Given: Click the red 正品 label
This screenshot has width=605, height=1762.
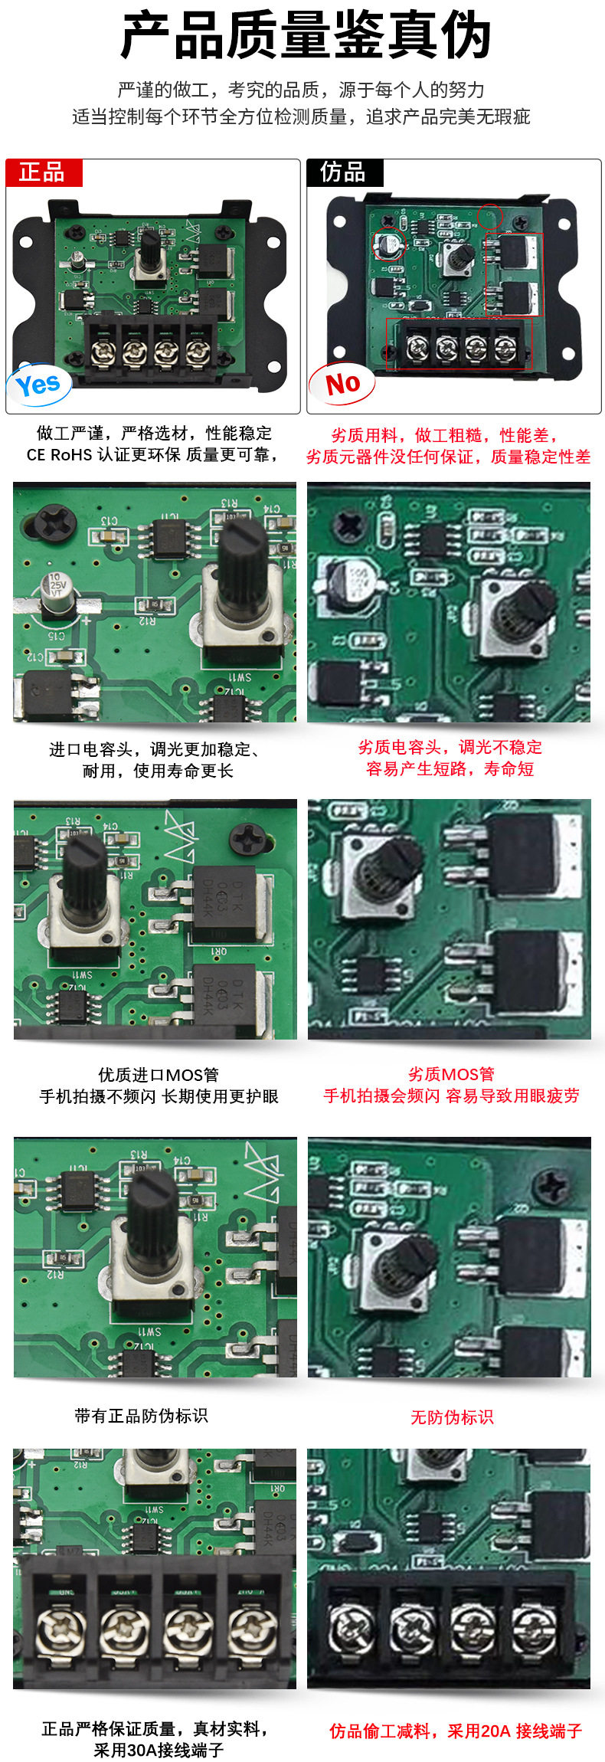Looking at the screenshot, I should pos(42,172).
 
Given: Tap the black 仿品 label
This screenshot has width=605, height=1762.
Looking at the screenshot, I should pos(343,172).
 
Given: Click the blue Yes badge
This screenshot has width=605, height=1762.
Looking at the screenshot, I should pos(38,385).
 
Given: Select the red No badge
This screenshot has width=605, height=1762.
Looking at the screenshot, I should pos(342,383).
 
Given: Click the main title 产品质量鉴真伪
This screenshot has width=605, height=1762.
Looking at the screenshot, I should pos(304,36).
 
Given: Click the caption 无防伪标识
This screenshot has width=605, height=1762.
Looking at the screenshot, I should pos(452,1417).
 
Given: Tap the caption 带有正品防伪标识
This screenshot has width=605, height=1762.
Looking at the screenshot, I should pos(141,1416).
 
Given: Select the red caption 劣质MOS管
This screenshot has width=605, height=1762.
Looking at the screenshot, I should pos(451,1074).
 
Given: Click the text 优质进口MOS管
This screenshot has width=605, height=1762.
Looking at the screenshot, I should pos(159,1075).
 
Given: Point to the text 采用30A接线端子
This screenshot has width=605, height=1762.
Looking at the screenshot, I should pos(159,1751).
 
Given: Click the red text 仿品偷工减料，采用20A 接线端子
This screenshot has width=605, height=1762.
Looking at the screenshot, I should pos(456,1731).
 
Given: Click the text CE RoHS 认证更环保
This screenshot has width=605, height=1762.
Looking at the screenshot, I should pos(103,455).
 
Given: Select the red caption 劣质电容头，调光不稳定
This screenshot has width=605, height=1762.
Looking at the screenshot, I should pos(450,747).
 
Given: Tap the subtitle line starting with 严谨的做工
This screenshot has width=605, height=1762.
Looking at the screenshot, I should pos(301,90).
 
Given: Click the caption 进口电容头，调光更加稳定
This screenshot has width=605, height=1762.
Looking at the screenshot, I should pos(153,749).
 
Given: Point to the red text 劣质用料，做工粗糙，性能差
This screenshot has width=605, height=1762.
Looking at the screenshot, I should pos(444,435).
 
